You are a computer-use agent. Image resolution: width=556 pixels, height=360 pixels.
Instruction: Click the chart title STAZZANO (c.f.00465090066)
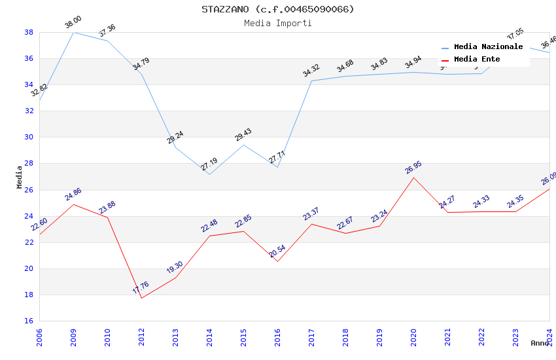point(278,9)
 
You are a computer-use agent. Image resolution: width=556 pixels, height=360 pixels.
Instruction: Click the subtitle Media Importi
point(278,23)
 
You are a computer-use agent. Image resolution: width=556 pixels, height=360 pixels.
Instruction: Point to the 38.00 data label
point(73,24)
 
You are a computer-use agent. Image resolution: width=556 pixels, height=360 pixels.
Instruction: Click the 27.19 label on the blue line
point(209,164)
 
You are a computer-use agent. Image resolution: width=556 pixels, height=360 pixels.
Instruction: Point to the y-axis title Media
point(20,177)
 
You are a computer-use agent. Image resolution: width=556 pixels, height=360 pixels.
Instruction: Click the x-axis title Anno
point(540,343)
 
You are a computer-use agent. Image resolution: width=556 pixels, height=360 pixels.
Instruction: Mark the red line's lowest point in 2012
point(141,298)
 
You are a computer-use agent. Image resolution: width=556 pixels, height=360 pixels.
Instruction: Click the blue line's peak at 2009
point(73,32)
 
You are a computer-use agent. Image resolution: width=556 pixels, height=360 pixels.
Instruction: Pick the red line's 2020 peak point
point(413,177)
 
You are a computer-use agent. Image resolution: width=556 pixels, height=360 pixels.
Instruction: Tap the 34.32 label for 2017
point(311,71)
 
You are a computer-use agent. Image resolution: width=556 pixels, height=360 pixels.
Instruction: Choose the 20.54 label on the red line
point(277,251)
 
